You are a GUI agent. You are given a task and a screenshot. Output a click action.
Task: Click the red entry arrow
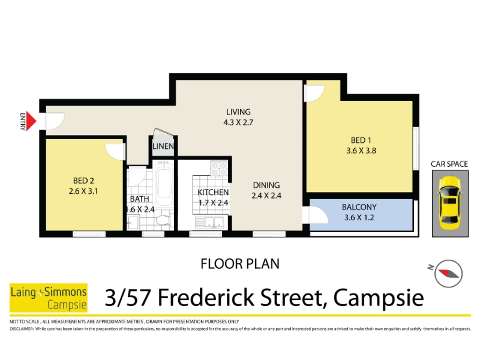tap(31, 121)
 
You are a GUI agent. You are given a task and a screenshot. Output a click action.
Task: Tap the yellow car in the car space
tap(449, 203)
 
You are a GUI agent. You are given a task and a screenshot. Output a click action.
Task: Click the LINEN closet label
tap(163, 146)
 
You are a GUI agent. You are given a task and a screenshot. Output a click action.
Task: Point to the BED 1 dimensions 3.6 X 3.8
tap(361, 151)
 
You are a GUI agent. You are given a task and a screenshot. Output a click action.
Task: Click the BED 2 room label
tap(83, 181)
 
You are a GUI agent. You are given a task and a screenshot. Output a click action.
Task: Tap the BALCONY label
tap(359, 207)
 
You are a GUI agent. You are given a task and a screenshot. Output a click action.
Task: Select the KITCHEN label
tap(213, 192)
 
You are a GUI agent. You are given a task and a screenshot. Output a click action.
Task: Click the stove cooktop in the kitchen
tap(219, 169)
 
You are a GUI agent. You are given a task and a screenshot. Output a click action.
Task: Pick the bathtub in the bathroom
tap(164, 184)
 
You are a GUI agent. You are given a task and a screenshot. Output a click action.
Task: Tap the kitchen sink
tap(209, 222)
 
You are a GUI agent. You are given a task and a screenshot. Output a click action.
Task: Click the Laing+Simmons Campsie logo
tap(49, 298)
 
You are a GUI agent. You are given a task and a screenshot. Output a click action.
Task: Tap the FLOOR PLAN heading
tap(240, 264)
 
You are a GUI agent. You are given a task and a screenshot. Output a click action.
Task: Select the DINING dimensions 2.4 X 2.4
tap(266, 196)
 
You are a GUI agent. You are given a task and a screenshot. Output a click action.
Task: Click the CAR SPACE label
tap(449, 164)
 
